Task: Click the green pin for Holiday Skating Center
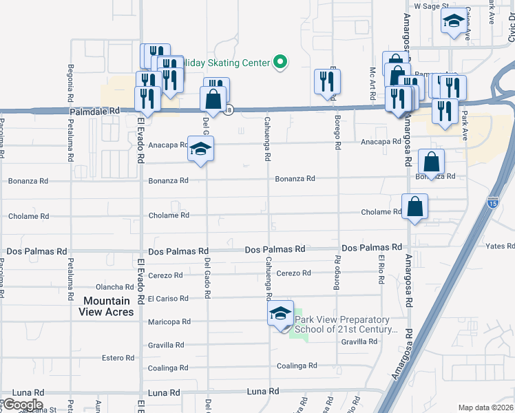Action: [280, 63]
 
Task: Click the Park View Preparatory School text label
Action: [346, 324]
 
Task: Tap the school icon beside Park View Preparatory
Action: [280, 315]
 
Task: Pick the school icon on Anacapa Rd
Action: [200, 149]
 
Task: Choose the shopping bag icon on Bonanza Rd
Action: [431, 163]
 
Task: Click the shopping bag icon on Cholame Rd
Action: [415, 206]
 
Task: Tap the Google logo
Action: [22, 405]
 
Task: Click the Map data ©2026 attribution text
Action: [485, 407]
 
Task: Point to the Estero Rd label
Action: [118, 358]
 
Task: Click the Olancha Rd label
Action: [115, 287]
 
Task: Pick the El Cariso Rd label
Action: [168, 299]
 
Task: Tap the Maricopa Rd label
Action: [169, 321]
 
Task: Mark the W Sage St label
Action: [431, 6]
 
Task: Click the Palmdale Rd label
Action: [94, 110]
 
